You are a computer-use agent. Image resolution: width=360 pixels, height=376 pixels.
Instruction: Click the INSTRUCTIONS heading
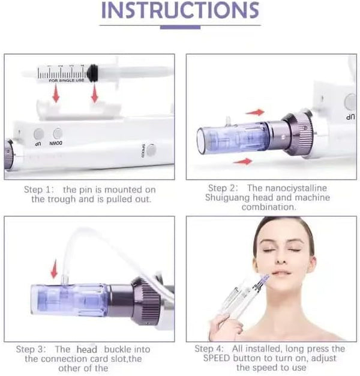[x=180, y=10]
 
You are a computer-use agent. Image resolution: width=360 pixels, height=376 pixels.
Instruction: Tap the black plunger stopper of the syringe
[x=92, y=73]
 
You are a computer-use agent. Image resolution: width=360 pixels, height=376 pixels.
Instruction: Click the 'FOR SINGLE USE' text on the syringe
[x=67, y=80]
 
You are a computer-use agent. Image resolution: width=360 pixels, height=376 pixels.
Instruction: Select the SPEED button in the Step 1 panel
[x=151, y=150]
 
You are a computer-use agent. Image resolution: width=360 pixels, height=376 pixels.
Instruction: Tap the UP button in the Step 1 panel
[x=38, y=134]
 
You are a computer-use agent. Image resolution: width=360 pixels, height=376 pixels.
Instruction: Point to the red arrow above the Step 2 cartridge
[x=254, y=112]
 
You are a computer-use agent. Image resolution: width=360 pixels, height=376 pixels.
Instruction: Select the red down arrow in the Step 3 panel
[x=55, y=269]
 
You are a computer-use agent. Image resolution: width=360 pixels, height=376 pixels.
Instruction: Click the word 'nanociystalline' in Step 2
[x=287, y=188]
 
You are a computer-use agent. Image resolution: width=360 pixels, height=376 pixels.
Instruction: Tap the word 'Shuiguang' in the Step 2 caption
[x=227, y=198]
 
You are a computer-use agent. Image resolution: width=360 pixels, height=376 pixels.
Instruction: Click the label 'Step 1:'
[x=38, y=189]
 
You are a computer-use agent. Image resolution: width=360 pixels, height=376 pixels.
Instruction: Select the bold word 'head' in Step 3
[x=86, y=350]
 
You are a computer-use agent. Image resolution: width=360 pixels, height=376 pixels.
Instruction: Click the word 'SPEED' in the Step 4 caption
[x=217, y=358]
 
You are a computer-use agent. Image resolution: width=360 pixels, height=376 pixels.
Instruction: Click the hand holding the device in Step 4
[x=226, y=327]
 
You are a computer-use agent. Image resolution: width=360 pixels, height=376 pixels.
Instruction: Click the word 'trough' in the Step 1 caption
[x=62, y=199]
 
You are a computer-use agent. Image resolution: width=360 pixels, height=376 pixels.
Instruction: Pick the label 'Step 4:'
[x=209, y=348]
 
